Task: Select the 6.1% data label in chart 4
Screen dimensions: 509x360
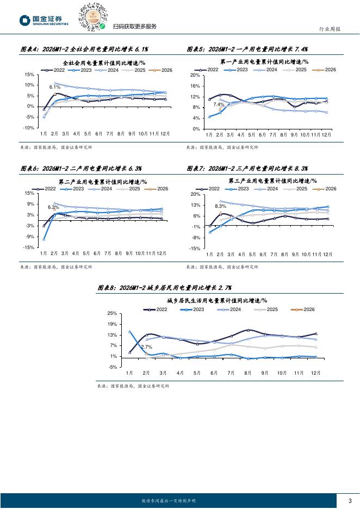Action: [x=54, y=87]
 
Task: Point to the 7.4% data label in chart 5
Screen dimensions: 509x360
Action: [x=219, y=104]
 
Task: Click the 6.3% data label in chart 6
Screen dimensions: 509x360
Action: [x=53, y=207]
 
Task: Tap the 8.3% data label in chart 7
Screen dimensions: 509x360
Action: [x=220, y=206]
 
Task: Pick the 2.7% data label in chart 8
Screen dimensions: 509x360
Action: [x=146, y=347]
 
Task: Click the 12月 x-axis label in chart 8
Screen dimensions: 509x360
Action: [x=316, y=373]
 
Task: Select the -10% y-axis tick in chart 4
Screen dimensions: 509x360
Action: [x=28, y=128]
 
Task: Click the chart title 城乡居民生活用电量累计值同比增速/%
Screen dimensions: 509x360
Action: [x=216, y=300]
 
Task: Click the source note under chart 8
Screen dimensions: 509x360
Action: [x=133, y=386]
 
